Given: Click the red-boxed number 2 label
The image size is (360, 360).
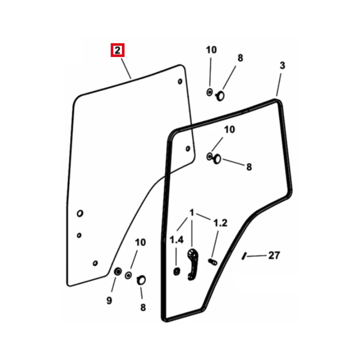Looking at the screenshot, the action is tap(117, 50).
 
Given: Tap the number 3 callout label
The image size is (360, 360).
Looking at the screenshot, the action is tap(282, 66).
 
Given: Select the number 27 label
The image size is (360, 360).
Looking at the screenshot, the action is tap(274, 255).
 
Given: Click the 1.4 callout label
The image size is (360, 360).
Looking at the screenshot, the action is tap(176, 240).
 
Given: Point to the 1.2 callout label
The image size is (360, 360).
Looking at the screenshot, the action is tap(220, 223).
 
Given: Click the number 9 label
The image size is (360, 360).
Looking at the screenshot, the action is tap(109, 301).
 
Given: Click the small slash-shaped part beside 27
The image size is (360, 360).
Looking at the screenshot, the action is tap(244, 256).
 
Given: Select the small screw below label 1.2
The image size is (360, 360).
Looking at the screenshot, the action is tap(213, 262).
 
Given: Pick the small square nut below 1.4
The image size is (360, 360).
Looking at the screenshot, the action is tap(176, 271).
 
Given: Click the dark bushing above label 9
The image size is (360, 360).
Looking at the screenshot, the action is tap(118, 271).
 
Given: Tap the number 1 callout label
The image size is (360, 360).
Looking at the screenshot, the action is tap(192, 213).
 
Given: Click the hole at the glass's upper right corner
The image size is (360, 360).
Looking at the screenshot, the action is tap(180, 81).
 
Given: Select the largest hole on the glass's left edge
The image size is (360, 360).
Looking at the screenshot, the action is tap(80, 213).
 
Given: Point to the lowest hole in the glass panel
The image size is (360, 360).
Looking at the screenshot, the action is tap(95, 263).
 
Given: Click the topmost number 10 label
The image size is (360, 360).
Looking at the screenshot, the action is tap(211, 50).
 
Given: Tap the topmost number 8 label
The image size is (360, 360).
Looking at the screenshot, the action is tap(240, 58).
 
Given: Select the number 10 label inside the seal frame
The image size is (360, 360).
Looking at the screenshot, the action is tap(229, 130).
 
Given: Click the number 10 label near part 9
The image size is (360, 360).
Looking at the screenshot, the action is tap(140, 242).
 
